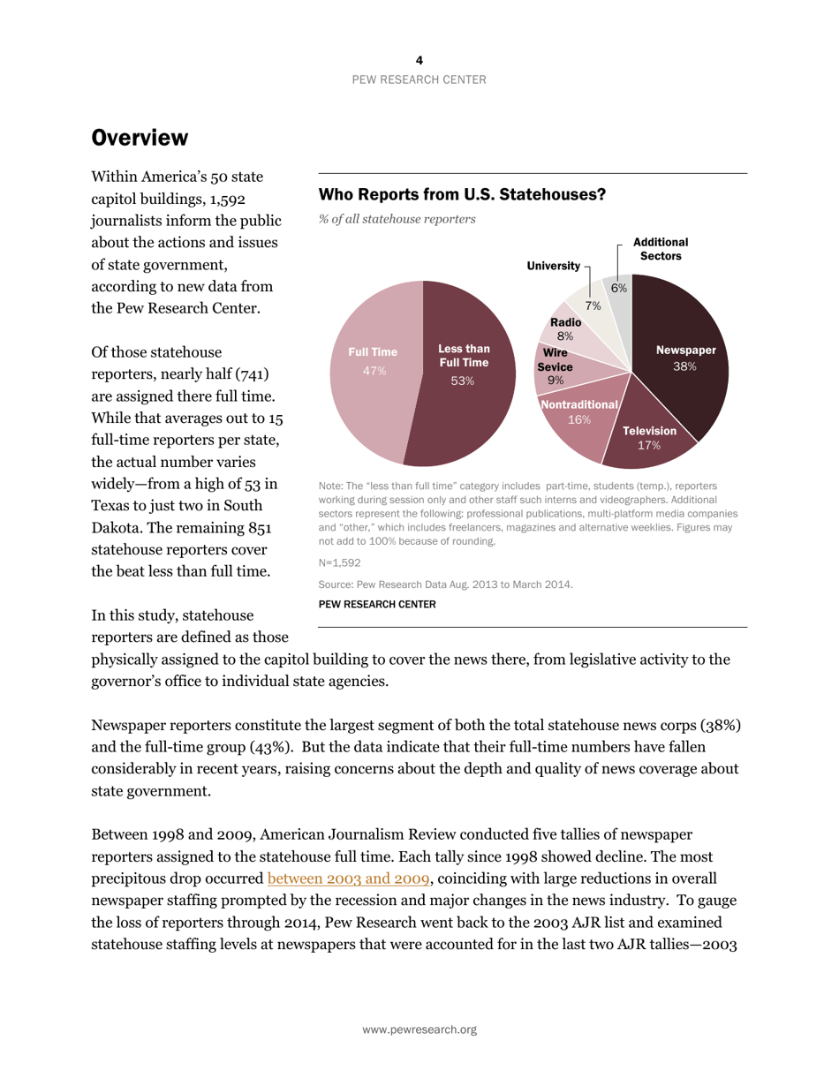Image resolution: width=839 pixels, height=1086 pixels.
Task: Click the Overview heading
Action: click(x=140, y=138)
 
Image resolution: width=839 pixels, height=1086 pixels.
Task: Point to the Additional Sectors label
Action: click(x=660, y=248)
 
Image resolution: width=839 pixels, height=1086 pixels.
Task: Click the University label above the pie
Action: click(x=553, y=266)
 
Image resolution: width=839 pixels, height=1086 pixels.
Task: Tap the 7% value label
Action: click(x=593, y=306)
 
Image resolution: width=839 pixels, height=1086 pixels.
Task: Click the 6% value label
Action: click(x=619, y=288)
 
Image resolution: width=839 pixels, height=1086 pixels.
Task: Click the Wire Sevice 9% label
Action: click(x=556, y=366)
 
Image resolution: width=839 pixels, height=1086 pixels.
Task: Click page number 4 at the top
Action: click(x=419, y=60)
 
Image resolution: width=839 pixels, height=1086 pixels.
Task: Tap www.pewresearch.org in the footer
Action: click(x=419, y=1029)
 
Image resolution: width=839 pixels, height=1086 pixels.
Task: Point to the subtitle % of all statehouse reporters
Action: click(x=397, y=219)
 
